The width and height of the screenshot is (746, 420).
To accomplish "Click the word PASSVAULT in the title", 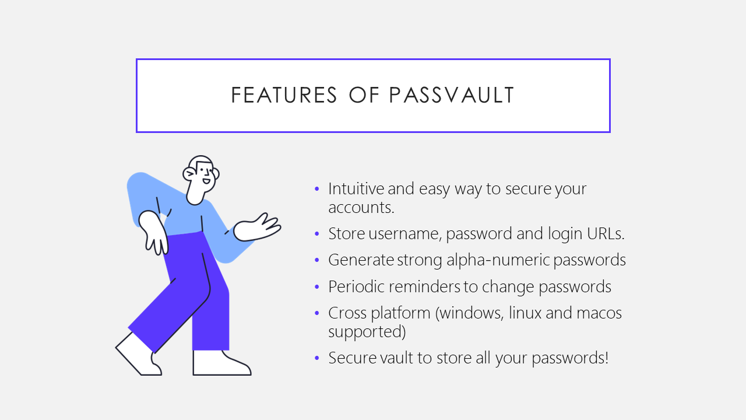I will coord(452,95).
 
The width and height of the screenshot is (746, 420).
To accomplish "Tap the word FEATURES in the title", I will coord(284,95).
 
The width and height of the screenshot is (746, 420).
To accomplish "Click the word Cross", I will coord(348,313).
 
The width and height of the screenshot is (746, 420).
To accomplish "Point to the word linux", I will coord(525,313).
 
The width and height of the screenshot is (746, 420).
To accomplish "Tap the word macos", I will coord(600,313).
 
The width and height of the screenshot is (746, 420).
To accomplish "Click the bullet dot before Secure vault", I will coord(317,358).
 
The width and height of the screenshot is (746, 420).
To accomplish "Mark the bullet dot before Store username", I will coord(317,234).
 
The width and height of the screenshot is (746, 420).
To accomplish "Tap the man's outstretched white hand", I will coord(256,228).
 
